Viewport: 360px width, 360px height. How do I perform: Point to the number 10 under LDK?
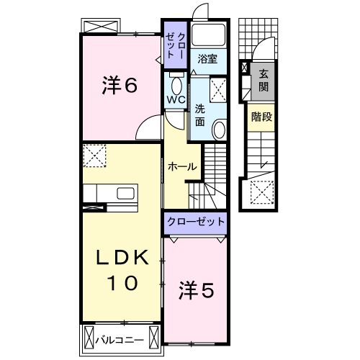(122, 283)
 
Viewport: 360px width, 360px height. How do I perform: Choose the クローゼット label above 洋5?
(197, 222)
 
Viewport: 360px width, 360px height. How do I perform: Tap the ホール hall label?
(181, 166)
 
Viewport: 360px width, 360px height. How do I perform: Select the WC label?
(176, 99)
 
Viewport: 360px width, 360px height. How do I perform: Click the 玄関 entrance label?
(263, 80)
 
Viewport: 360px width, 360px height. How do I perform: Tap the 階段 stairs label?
(261, 117)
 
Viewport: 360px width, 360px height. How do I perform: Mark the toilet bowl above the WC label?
(176, 81)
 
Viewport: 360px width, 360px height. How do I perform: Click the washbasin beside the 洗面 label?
(220, 129)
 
